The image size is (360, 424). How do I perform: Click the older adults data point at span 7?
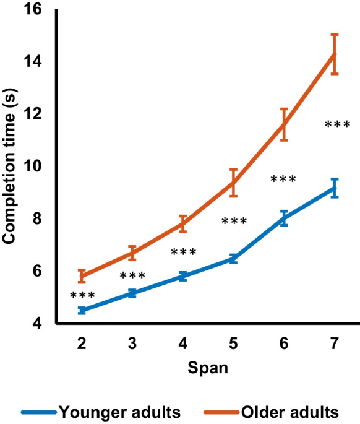(335, 54)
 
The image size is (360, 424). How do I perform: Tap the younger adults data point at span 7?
(335, 188)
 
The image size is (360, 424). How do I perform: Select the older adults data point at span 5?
(233, 183)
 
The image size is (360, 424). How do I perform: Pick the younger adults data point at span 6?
(284, 218)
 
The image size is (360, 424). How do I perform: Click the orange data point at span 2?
(82, 276)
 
